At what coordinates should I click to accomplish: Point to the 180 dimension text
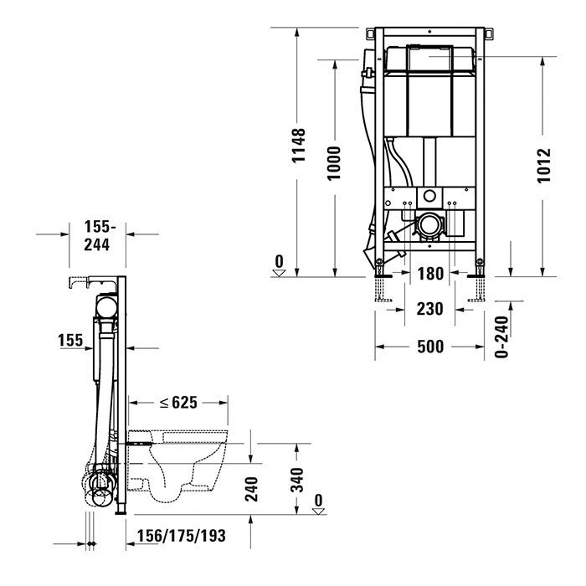(430, 273)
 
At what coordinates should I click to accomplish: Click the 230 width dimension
(429, 309)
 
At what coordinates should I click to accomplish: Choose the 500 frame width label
(429, 346)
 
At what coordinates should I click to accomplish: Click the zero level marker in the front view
(280, 265)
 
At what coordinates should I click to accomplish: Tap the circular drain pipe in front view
(431, 224)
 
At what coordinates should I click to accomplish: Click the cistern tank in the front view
(430, 92)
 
